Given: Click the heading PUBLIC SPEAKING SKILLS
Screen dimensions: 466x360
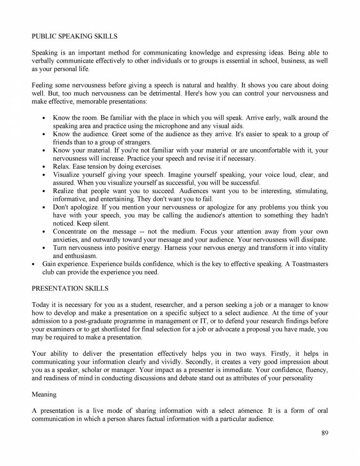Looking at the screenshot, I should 74,36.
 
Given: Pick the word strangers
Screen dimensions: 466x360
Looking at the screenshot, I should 135,142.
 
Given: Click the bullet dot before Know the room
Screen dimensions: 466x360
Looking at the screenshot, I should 44,118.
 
